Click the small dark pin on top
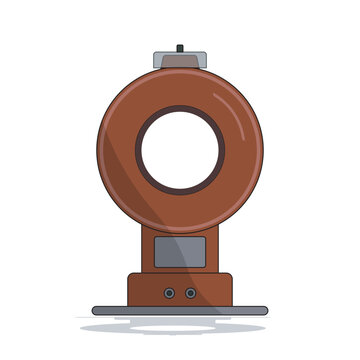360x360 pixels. tap(180, 46)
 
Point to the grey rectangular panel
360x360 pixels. tap(180, 252)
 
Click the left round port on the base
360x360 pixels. tap(170, 293)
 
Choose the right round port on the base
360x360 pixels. tap(189, 293)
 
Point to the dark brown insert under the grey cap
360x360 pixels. tap(180, 65)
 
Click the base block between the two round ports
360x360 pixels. tap(180, 293)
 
